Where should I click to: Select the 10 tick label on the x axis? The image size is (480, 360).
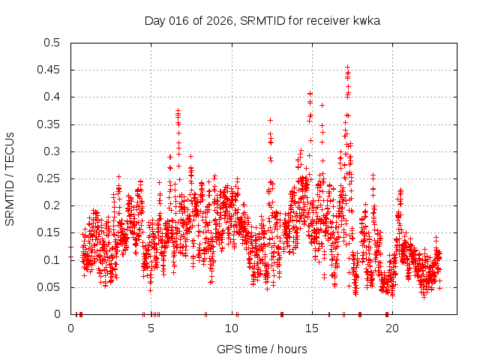click(232, 328)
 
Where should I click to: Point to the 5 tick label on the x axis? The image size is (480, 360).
click(151, 328)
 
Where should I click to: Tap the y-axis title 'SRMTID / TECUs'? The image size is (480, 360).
click(10, 178)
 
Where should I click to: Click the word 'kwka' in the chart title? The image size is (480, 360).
click(367, 21)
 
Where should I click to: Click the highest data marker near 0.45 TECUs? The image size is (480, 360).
click(347, 67)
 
